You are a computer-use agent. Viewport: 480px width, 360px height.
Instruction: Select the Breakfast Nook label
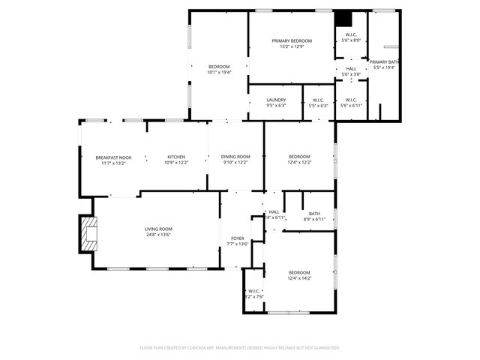pos(113,157)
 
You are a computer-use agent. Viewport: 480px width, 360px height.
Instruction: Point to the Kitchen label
pos(175,157)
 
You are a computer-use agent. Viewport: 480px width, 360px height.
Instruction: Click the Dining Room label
pos(235,157)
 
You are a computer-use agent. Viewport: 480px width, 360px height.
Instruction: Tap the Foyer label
pos(237,238)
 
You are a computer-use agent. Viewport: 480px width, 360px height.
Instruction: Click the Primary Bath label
pos(384,61)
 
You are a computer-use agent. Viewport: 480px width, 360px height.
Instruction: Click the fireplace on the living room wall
pos(89,234)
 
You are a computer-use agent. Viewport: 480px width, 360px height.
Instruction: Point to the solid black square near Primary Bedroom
pos(343,19)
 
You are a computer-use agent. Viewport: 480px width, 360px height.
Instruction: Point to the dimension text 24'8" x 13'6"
pos(158,235)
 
